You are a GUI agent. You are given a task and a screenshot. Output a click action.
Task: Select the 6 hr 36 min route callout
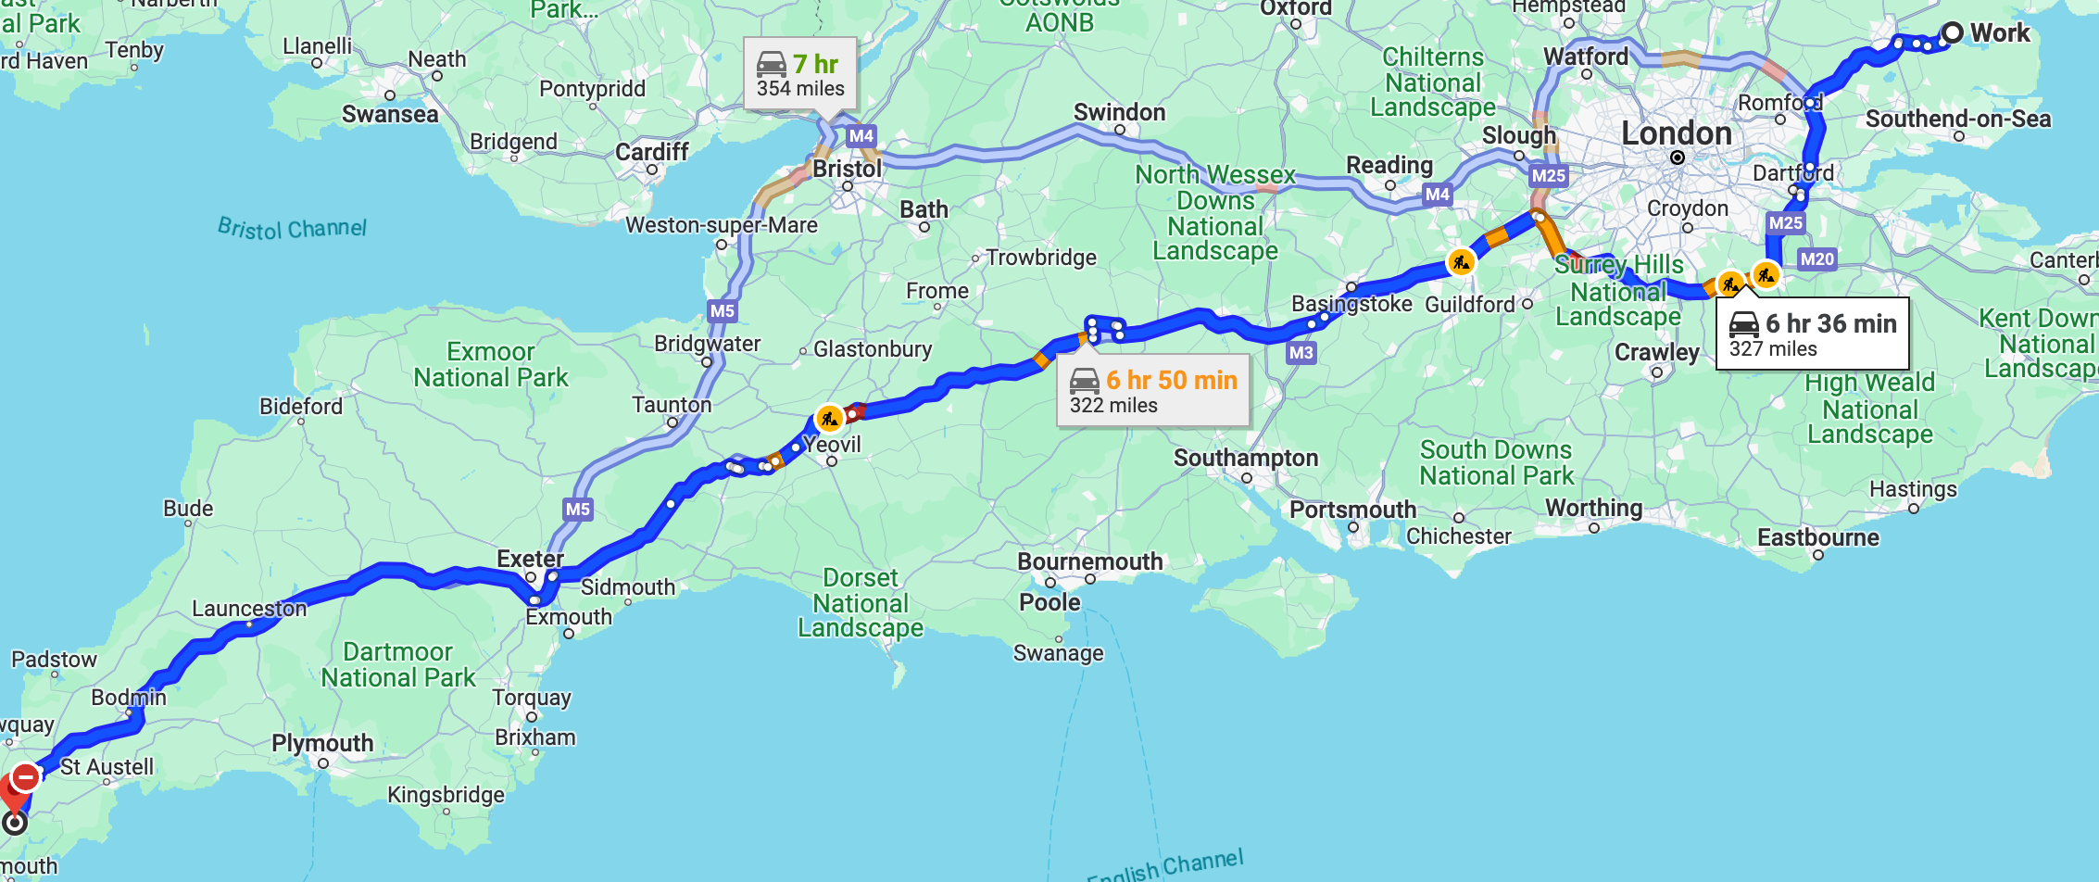(1812, 334)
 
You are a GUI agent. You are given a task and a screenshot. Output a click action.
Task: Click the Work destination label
(1999, 33)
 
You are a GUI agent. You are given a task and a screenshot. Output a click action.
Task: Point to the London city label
(1676, 133)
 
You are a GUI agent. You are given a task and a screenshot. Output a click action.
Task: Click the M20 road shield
(1816, 259)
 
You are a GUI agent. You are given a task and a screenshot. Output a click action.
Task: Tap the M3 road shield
(1301, 352)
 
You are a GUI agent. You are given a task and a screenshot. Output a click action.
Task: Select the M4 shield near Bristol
(861, 136)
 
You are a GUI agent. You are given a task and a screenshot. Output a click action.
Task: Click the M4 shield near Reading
(1437, 195)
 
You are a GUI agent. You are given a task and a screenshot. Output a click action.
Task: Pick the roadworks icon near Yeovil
(829, 419)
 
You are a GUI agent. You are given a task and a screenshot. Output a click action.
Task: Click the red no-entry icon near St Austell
(26, 776)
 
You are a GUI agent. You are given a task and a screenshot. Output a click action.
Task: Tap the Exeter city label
(530, 559)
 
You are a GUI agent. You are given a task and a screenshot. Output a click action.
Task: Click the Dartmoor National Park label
(398, 665)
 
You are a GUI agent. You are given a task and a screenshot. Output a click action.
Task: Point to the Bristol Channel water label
(292, 228)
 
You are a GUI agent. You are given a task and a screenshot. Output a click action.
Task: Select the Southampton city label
(1245, 458)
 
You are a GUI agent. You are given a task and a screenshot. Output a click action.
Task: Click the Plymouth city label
(322, 743)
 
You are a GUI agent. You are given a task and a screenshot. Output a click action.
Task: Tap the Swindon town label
(1119, 112)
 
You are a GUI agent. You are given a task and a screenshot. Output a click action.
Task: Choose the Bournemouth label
(1089, 561)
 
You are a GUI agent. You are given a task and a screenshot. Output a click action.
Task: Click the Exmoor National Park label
(491, 365)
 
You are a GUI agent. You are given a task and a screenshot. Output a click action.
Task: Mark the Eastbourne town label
(1817, 537)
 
